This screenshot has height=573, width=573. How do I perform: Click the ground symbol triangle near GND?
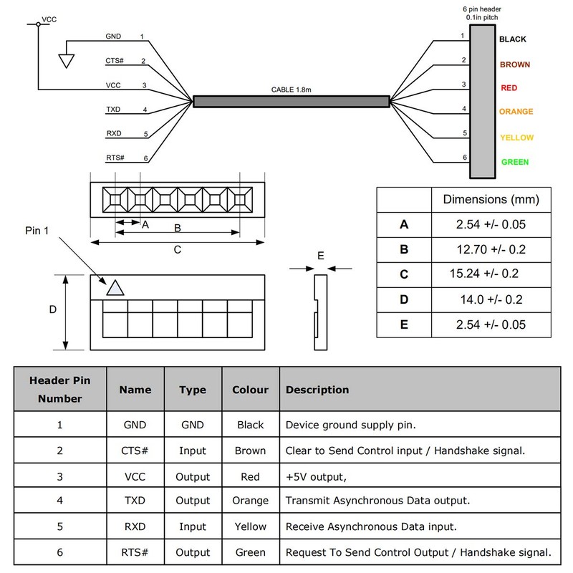pyautogui.click(x=67, y=61)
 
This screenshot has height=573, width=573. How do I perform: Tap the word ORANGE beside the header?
pyautogui.click(x=516, y=112)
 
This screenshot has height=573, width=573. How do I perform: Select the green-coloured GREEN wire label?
pyautogui.click(x=515, y=162)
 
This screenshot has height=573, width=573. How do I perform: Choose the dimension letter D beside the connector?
pyautogui.click(x=52, y=309)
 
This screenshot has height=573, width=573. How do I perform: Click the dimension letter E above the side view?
pyautogui.click(x=320, y=255)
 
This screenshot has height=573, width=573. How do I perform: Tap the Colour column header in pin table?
pyautogui.click(x=251, y=390)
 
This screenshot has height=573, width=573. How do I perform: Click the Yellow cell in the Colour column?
pyautogui.click(x=251, y=526)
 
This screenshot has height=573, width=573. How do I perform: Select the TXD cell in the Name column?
pyautogui.click(x=135, y=501)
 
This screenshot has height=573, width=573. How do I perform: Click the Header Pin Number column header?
pyautogui.click(x=60, y=390)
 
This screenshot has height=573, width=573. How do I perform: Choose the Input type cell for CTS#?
pyautogui.click(x=193, y=451)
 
